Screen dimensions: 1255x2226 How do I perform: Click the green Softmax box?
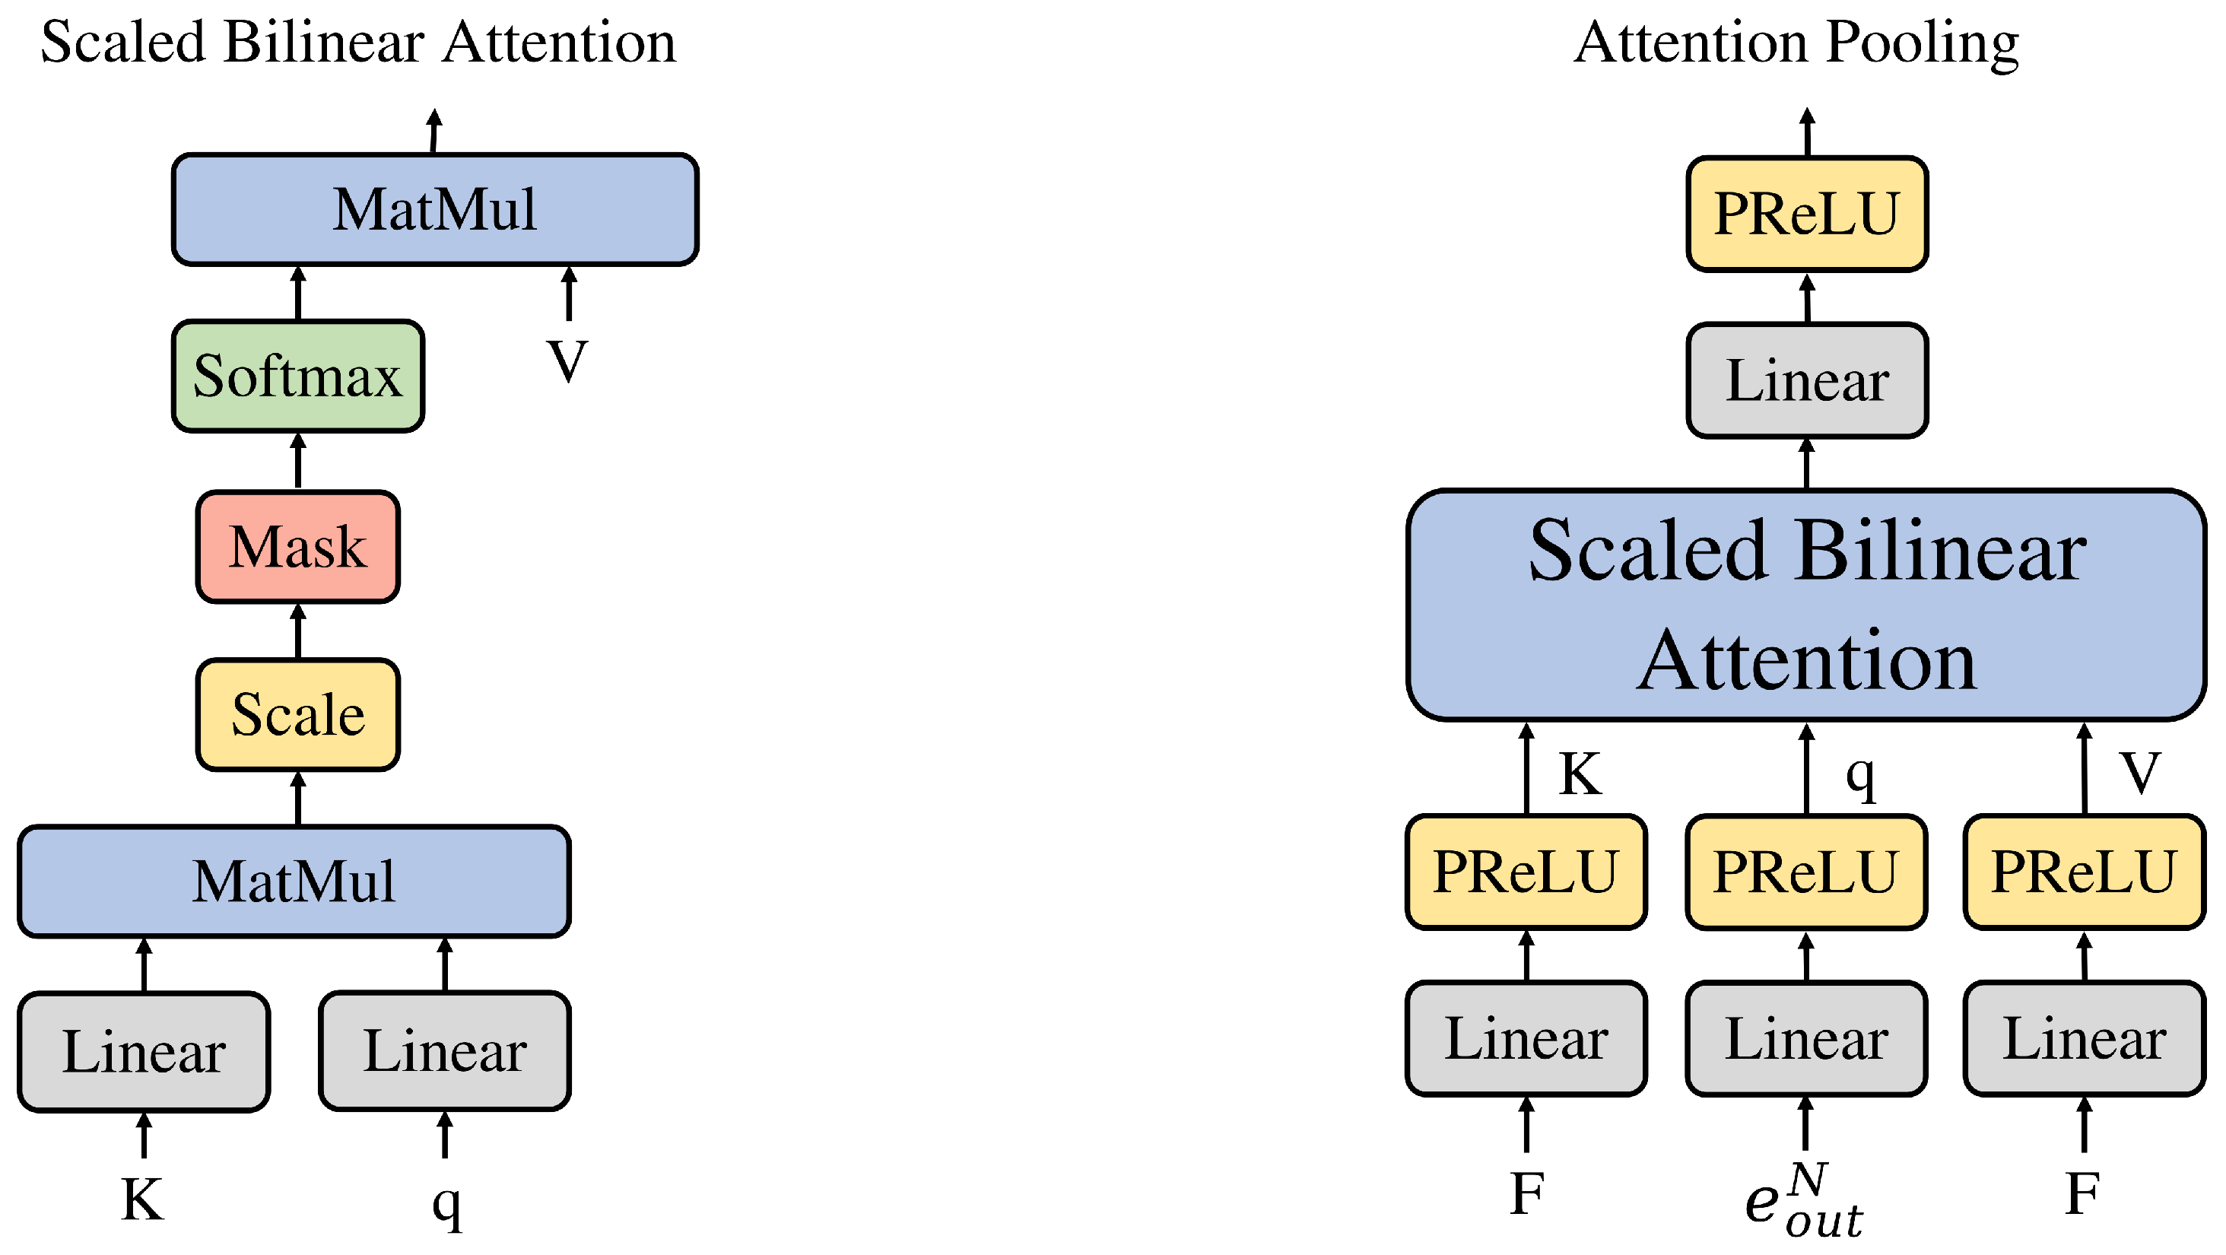(298, 376)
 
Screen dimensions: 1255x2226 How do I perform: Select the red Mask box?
(298, 547)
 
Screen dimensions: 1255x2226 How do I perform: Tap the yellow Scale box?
(298, 715)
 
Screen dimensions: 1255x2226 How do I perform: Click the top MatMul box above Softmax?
(436, 210)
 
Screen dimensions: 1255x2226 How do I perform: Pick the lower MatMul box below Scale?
(294, 882)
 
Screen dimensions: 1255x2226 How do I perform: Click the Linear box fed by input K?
(144, 1052)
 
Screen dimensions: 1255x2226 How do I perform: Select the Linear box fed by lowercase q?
(445, 1051)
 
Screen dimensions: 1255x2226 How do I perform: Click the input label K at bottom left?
(142, 1199)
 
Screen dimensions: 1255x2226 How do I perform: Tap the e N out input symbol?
(1805, 1202)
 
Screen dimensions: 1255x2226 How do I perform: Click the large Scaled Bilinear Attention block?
(1807, 605)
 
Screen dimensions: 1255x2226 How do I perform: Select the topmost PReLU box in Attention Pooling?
(1807, 214)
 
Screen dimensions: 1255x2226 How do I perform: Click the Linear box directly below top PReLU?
(1807, 381)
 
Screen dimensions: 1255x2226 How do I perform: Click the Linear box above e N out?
(1806, 1039)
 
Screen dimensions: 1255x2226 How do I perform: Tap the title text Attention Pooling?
(1796, 43)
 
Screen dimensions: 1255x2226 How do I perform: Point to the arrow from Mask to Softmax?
(298, 462)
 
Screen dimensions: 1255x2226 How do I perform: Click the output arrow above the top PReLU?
(1807, 132)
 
